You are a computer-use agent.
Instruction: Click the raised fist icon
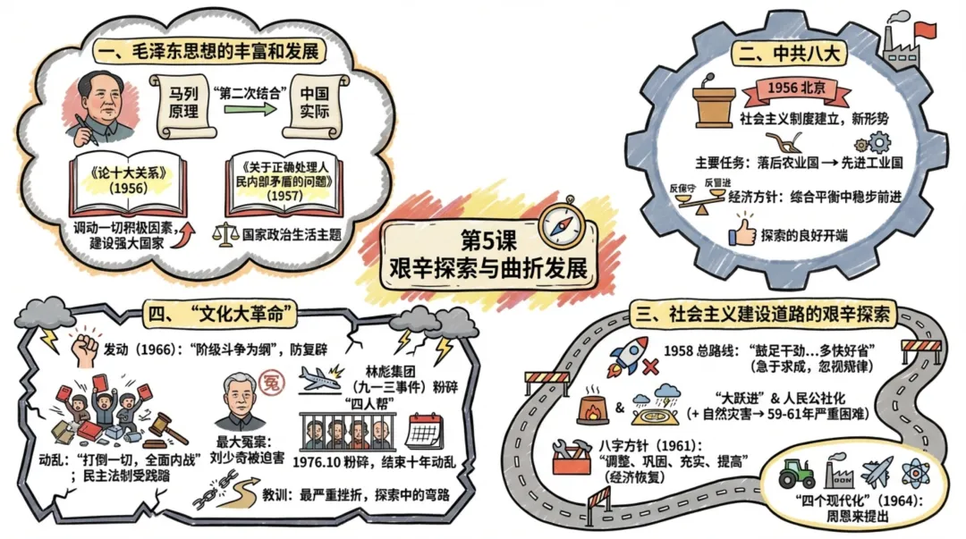[x=86, y=349]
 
